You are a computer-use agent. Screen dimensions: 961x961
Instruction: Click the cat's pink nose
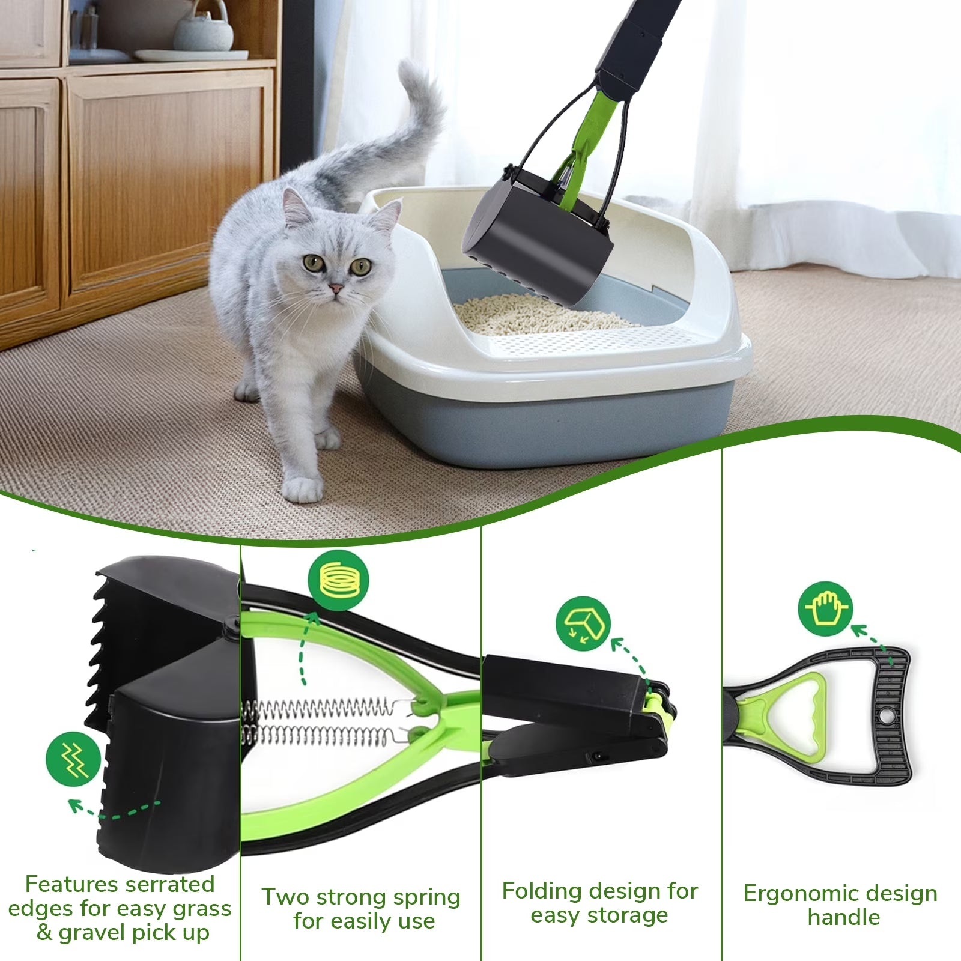[x=336, y=290]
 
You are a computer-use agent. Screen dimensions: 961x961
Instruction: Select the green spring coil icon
[x=338, y=580]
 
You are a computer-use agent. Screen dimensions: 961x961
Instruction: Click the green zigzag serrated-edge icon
[x=73, y=759]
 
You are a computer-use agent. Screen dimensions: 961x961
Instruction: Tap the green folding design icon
[x=583, y=624]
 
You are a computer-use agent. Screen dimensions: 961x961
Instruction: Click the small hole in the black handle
[x=883, y=717]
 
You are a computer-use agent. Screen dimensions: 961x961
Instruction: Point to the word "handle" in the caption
[x=843, y=918]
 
